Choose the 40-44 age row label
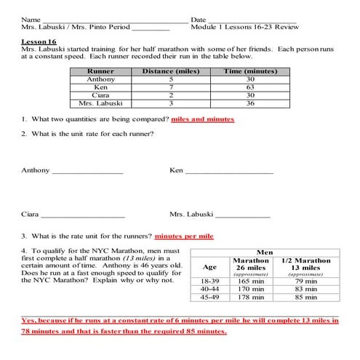209,288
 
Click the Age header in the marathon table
209,266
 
